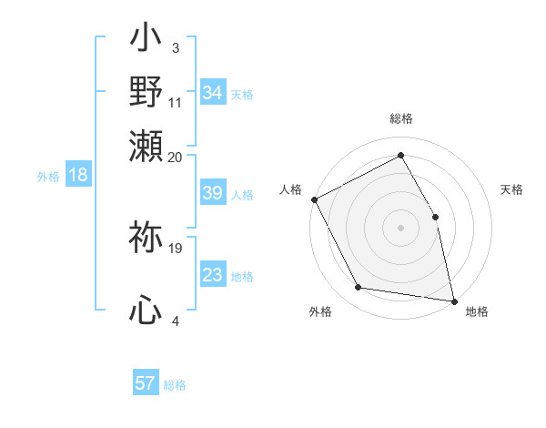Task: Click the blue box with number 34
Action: tap(212, 93)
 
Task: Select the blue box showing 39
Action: tap(212, 193)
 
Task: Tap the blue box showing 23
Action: tap(212, 275)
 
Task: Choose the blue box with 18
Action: tap(77, 175)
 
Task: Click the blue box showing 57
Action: tap(146, 383)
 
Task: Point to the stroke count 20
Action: tap(176, 157)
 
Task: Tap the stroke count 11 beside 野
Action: tap(176, 103)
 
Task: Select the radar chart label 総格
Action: tap(401, 118)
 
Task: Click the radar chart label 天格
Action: tap(511, 189)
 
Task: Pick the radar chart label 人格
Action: tap(291, 189)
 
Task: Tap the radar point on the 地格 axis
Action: tap(454, 301)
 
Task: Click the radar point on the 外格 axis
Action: tap(359, 288)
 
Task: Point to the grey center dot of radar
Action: tap(401, 227)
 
